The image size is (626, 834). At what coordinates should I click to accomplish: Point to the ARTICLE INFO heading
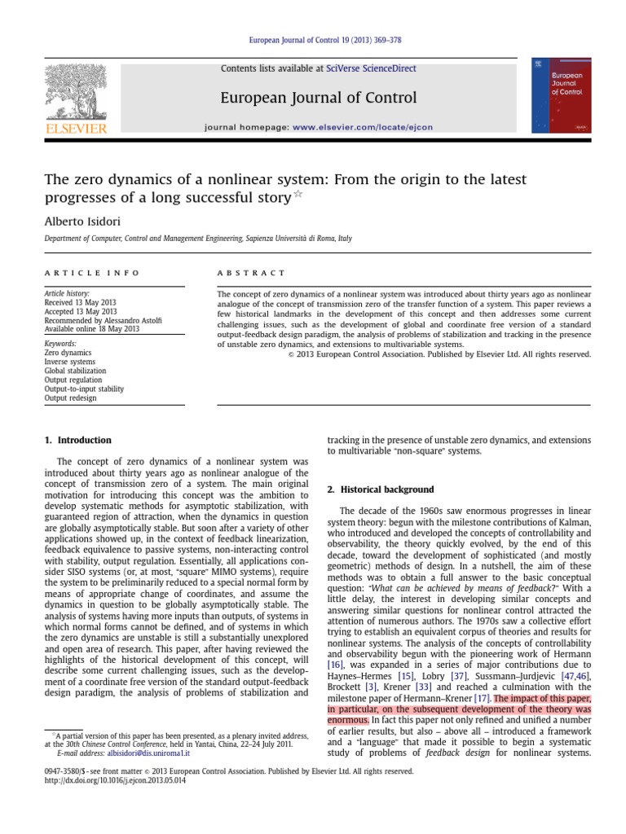click(91, 273)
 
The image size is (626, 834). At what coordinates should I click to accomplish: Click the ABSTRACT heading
click(252, 273)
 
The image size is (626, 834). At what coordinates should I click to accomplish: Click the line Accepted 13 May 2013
click(80, 311)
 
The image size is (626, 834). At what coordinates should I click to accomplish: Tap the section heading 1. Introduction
click(78, 440)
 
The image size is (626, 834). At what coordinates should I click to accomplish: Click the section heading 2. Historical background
click(380, 489)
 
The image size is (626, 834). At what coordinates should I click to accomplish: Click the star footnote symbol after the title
click(297, 195)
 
